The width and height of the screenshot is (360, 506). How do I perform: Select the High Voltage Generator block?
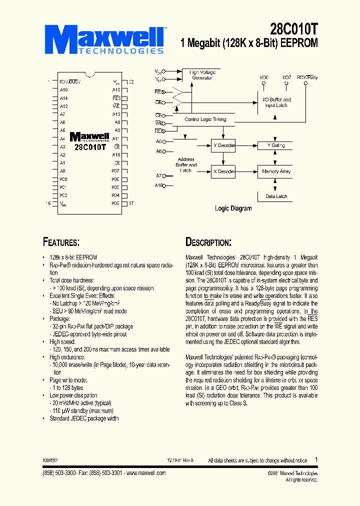click(x=202, y=75)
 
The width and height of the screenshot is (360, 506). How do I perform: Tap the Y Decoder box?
click(x=223, y=145)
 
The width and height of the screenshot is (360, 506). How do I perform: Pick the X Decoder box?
click(x=223, y=171)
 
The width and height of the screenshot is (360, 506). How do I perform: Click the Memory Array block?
click(x=276, y=171)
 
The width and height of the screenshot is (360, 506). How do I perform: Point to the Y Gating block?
click(x=276, y=145)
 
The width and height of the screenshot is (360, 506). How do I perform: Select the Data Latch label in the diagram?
click(x=276, y=196)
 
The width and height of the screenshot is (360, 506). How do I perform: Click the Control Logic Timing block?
click(x=205, y=119)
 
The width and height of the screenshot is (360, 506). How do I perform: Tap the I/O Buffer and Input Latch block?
click(x=276, y=102)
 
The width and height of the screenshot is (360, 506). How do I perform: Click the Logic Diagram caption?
click(x=233, y=208)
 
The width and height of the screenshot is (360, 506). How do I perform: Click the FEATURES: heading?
click(x=61, y=242)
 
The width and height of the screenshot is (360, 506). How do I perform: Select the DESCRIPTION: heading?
click(x=208, y=242)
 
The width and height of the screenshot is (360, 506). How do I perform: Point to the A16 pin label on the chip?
click(x=63, y=89)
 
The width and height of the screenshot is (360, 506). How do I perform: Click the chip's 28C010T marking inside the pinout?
click(x=90, y=147)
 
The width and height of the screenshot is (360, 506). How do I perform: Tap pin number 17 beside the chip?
click(x=131, y=203)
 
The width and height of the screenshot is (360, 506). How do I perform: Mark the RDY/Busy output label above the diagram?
click(x=307, y=77)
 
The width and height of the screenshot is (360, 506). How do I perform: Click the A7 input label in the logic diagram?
click(x=159, y=176)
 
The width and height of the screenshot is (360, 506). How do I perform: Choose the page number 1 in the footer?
click(x=316, y=459)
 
